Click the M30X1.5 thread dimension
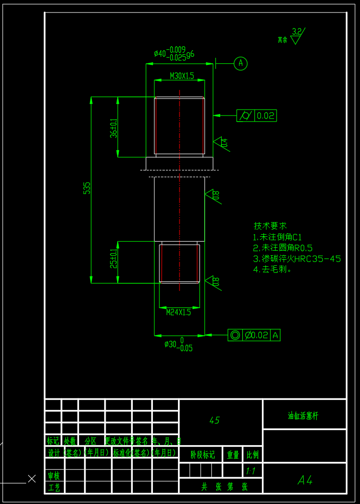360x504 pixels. click(x=182, y=76)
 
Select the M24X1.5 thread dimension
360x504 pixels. click(x=179, y=312)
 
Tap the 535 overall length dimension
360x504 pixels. click(x=87, y=188)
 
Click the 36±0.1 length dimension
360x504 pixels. click(x=114, y=128)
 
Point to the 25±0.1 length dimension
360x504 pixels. click(x=114, y=259)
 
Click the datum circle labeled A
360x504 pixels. click(x=241, y=63)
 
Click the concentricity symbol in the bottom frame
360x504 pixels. click(x=235, y=335)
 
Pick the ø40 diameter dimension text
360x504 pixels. click(x=174, y=53)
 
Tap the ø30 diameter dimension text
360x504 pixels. click(x=178, y=345)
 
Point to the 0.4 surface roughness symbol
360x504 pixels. click(x=221, y=143)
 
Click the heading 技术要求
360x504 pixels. click(x=270, y=226)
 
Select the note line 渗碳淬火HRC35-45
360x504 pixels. click(x=297, y=259)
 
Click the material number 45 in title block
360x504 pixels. click(x=215, y=420)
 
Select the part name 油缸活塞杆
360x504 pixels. click(x=303, y=416)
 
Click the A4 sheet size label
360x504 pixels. click(x=305, y=480)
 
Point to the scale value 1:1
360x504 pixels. click(x=251, y=471)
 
